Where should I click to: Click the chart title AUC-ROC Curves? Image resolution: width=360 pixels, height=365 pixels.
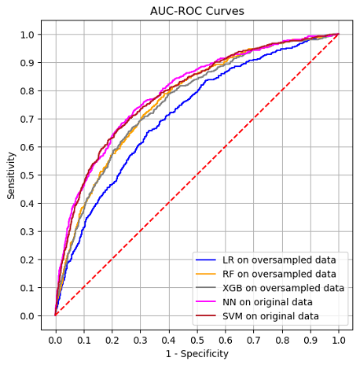click(197, 11)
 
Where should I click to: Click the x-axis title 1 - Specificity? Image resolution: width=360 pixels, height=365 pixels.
click(197, 354)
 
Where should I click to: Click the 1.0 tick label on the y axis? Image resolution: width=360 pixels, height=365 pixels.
click(28, 35)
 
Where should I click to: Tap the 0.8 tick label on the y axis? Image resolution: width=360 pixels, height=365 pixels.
click(28, 90)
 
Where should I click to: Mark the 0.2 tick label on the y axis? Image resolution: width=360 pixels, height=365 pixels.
click(28, 260)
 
